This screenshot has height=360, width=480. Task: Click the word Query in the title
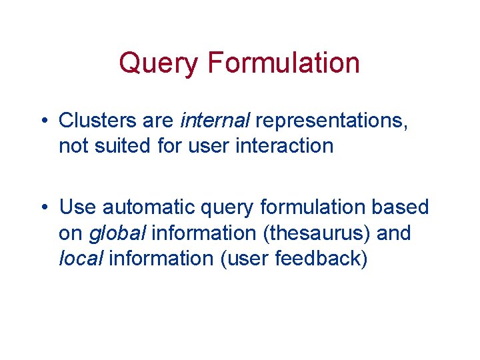[x=159, y=63]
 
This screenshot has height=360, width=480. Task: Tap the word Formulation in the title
[x=283, y=63]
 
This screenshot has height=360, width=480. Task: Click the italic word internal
[x=215, y=121]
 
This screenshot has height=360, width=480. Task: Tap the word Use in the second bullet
[x=77, y=207]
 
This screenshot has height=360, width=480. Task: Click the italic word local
[x=81, y=258]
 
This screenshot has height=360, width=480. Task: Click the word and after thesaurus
[x=395, y=233]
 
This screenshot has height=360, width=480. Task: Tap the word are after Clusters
[x=158, y=121]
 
